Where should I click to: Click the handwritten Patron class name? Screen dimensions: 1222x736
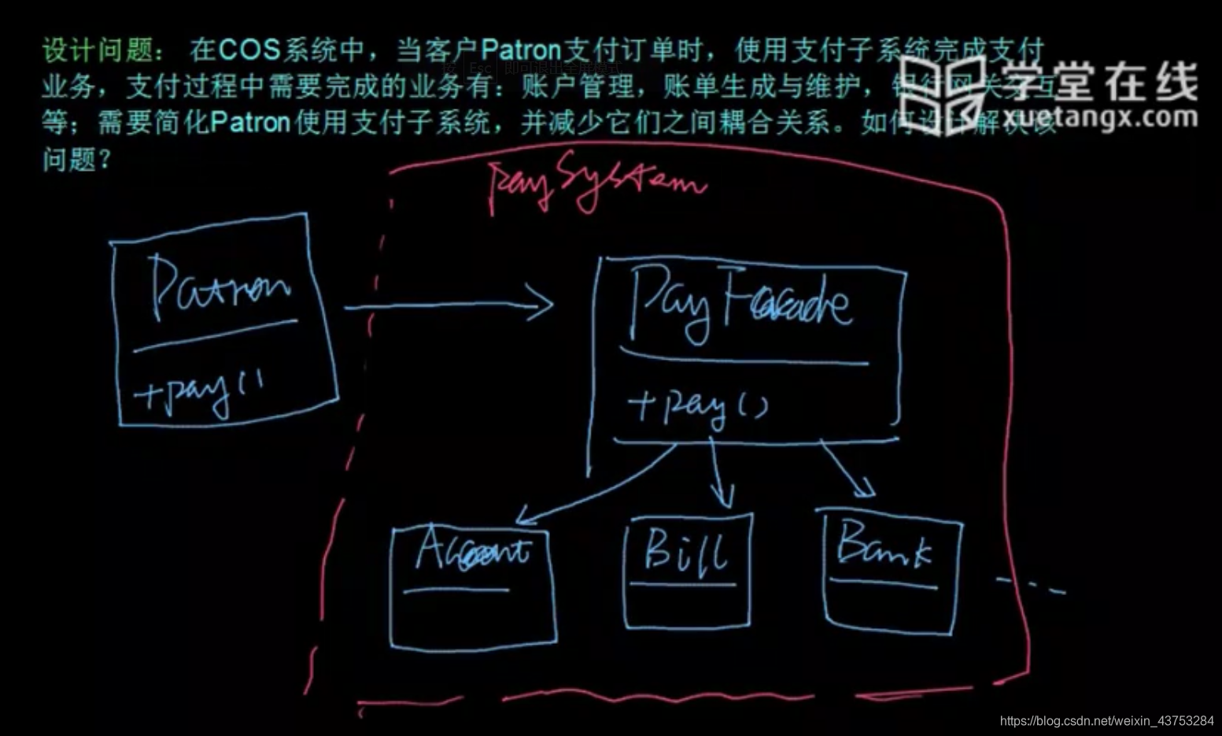click(x=220, y=288)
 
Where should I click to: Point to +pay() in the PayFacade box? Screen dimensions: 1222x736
click(x=697, y=406)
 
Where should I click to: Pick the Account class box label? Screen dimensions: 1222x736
click(x=472, y=549)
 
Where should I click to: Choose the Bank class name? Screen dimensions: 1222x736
click(x=884, y=546)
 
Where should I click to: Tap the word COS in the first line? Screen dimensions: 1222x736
click(x=249, y=50)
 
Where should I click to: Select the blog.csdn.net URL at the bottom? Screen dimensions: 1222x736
click(x=1106, y=720)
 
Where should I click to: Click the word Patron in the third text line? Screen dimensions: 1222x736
click(x=250, y=123)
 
